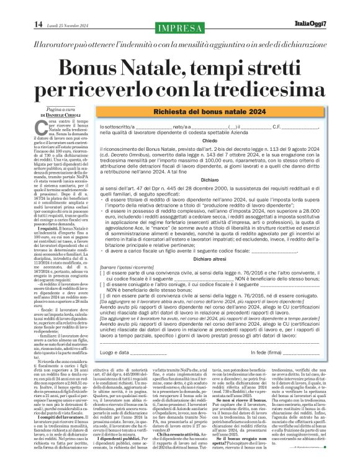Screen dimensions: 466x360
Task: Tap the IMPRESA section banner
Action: (180, 29)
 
